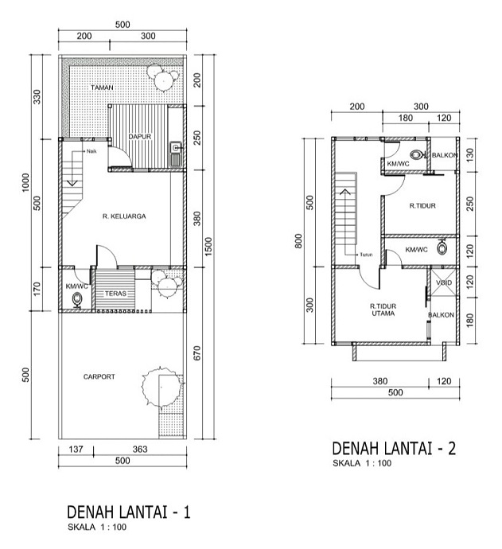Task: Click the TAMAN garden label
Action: pyautogui.click(x=102, y=88)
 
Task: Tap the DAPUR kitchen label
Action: pyautogui.click(x=140, y=136)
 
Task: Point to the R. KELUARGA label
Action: pyautogui.click(x=124, y=216)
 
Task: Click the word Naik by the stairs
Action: pyautogui.click(x=91, y=151)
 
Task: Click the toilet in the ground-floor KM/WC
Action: pyautogui.click(x=77, y=300)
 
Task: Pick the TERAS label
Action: pyautogui.click(x=115, y=294)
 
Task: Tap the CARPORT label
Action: pyautogui.click(x=99, y=376)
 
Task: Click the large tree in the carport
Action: pyautogui.click(x=161, y=387)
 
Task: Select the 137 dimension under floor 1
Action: pyautogui.click(x=76, y=450)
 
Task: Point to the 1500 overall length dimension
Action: pyautogui.click(x=208, y=247)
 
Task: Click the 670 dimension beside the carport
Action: pyautogui.click(x=197, y=353)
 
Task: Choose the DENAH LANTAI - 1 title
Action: pyautogui.click(x=129, y=512)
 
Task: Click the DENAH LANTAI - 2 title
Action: pyautogui.click(x=394, y=448)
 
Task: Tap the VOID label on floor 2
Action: pyautogui.click(x=444, y=282)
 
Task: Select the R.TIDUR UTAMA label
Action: pyautogui.click(x=383, y=310)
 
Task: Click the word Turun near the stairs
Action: pyautogui.click(x=366, y=255)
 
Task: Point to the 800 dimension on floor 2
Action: pyautogui.click(x=298, y=241)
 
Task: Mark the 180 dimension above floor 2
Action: pyautogui.click(x=406, y=118)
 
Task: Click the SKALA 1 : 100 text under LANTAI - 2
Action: pyautogui.click(x=362, y=463)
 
